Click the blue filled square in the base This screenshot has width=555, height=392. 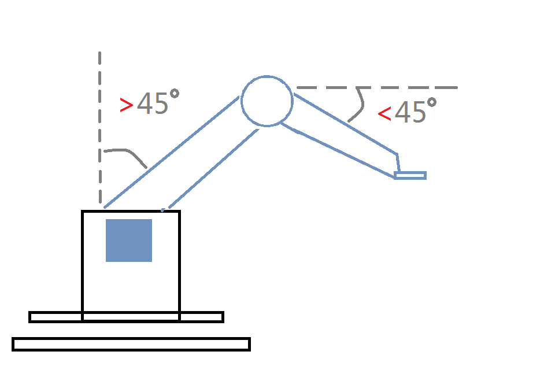click(x=128, y=240)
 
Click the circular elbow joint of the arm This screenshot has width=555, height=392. click(x=267, y=101)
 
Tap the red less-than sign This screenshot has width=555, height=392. click(x=384, y=113)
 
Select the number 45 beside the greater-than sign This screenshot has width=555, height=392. click(x=153, y=104)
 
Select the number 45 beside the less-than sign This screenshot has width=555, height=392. click(x=410, y=112)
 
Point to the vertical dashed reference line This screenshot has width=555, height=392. click(x=100, y=116)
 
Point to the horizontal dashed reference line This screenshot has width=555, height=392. click(x=405, y=88)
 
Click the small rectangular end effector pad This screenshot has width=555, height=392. click(x=410, y=175)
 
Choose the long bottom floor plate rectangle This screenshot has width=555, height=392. click(x=131, y=344)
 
